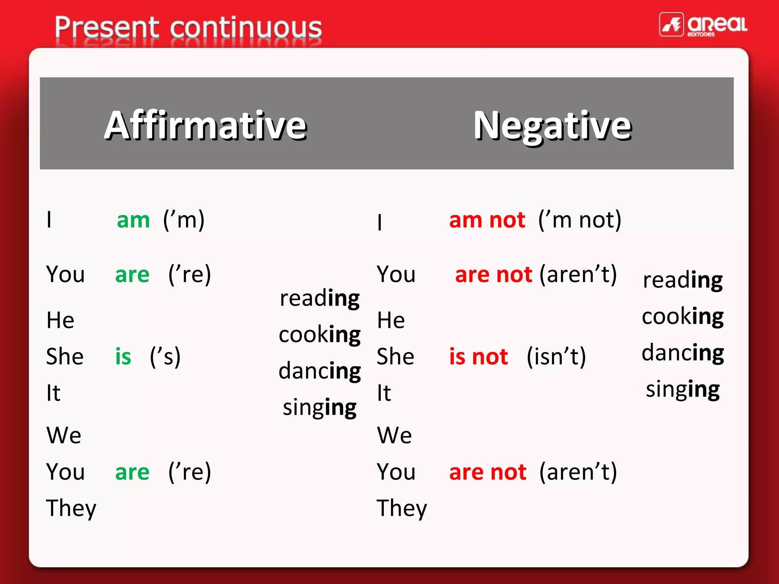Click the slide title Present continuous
click(188, 27)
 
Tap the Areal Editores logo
click(703, 25)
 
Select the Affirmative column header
click(205, 125)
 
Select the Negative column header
click(552, 125)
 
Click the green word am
click(133, 220)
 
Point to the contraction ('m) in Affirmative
click(184, 220)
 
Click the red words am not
click(487, 220)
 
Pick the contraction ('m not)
click(580, 220)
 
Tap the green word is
click(123, 357)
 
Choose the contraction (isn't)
click(556, 357)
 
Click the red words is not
click(478, 357)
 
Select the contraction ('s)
click(165, 357)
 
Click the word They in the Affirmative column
click(71, 508)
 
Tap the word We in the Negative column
click(394, 435)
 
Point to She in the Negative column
click(395, 357)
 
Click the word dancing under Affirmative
click(320, 371)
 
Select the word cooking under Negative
click(683, 316)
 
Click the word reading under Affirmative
click(320, 298)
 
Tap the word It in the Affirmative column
click(53, 393)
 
